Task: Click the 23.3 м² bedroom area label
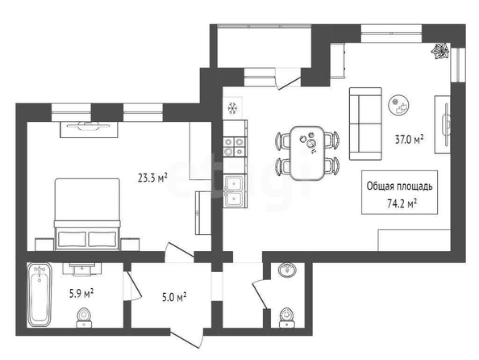[152, 178]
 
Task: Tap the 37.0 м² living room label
[409, 140]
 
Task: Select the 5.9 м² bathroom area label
[81, 294]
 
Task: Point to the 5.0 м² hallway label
[174, 297]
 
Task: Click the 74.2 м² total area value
[402, 203]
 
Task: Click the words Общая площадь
[400, 186]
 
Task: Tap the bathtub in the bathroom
[40, 295]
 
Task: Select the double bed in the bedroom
[87, 215]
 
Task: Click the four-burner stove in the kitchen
[235, 147]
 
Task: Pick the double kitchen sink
[235, 191]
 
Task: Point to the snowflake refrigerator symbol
[233, 108]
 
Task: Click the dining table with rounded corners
[307, 153]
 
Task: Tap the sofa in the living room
[365, 123]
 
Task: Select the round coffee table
[398, 105]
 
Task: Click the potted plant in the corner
[441, 51]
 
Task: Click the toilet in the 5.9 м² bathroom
[84, 318]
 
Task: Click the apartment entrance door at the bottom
[186, 338]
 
